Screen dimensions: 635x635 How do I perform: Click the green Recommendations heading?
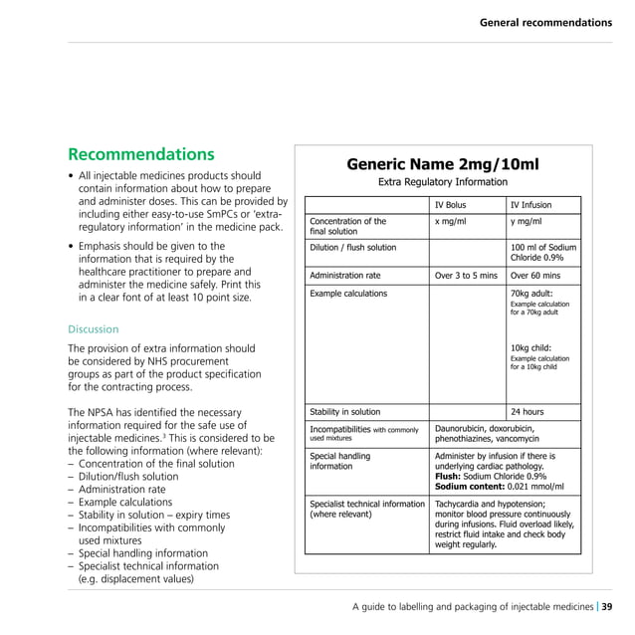140,155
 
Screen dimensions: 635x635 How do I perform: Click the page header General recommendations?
545,22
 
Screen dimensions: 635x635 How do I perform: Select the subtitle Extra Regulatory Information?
442,183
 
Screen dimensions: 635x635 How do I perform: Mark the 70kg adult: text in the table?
533,294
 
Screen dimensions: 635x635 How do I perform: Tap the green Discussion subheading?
93,329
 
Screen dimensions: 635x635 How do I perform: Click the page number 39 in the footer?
607,607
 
